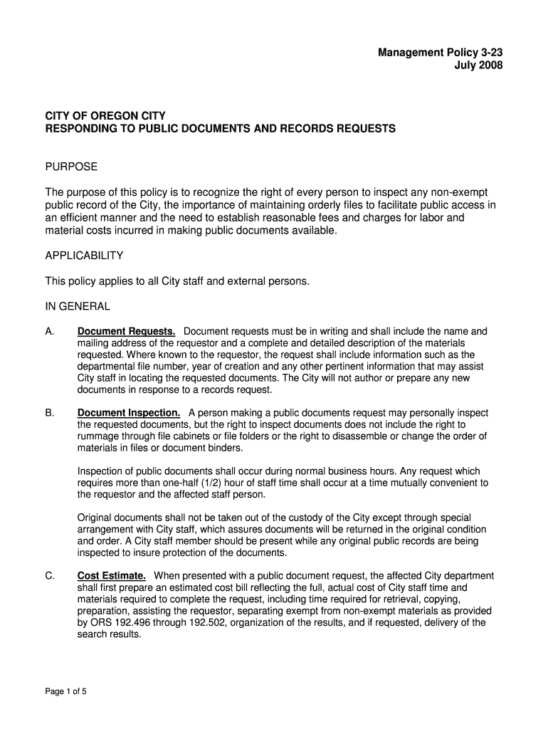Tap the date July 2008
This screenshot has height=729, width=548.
pos(478,65)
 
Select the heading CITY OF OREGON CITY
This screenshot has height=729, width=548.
pos(105,115)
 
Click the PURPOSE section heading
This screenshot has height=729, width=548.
pos(71,167)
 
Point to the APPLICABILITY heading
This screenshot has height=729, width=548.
pos(85,255)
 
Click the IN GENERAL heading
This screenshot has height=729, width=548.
pos(78,306)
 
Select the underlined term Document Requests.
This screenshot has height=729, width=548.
pos(127,331)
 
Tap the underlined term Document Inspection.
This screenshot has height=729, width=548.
pos(129,413)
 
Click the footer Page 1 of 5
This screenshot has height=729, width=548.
pos(66,691)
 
